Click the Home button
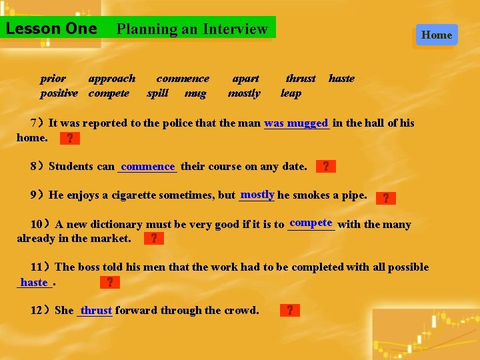point(437,35)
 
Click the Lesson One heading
point(51,29)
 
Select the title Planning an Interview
point(192,29)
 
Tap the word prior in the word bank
point(53,79)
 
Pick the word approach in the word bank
point(111,79)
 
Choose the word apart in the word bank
point(245,79)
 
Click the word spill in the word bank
point(157,93)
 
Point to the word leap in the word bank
point(291,93)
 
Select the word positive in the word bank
point(59,93)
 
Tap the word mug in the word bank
point(195,93)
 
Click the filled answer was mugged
point(297,123)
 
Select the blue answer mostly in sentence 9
point(258,195)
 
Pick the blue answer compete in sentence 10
point(311,223)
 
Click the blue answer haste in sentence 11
point(34,283)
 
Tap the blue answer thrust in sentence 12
point(96,311)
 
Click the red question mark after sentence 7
point(69,139)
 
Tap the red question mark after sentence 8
point(325,166)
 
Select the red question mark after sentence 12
point(289,310)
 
